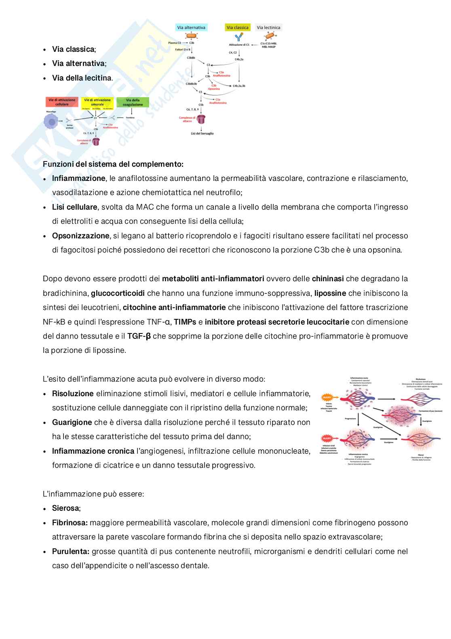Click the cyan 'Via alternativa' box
coord(191,28)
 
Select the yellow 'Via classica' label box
coord(237,28)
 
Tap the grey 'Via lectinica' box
coord(268,28)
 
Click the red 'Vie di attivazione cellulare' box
coord(62,102)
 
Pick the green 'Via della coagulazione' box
coord(133,102)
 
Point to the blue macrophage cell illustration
coord(51,121)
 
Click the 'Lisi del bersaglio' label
coord(202,134)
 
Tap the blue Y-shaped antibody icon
coord(239,37)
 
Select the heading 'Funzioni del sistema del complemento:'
coord(113,164)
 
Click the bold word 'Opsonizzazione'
coord(80,236)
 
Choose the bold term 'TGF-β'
coord(139,336)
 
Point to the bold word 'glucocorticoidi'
coord(118,293)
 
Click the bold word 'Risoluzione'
coord(73,394)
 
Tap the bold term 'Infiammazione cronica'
coord(93,451)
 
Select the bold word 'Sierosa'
coord(65,508)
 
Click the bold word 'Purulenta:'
coord(71,552)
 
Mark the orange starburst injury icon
coord(327,398)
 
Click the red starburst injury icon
coord(327,438)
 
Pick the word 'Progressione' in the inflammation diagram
coord(350,419)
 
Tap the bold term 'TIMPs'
coord(185,322)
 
